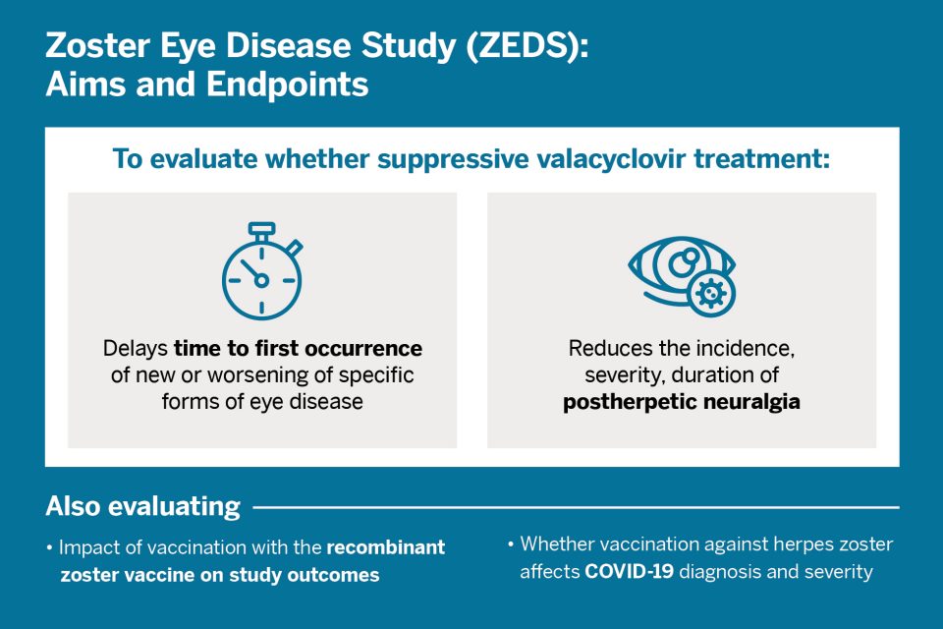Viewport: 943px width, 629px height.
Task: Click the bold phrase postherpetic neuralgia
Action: click(x=682, y=403)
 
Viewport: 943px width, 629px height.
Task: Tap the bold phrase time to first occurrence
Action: click(x=299, y=349)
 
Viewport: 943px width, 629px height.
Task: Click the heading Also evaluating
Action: click(x=142, y=507)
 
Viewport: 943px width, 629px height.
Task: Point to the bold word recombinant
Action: click(x=386, y=548)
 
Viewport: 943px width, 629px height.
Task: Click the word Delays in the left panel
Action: click(x=137, y=349)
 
